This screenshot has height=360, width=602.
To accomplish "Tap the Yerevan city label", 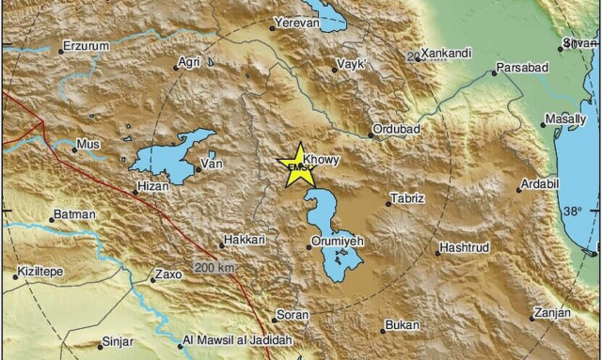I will [x=297, y=22].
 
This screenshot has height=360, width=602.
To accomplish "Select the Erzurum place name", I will [x=87, y=44].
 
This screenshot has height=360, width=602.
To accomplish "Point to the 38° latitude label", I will [x=574, y=211].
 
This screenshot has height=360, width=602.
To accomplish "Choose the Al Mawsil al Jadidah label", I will [x=238, y=340].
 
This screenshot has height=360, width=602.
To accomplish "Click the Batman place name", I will [x=75, y=215].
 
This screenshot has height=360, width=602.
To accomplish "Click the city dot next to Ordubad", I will [x=371, y=135].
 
